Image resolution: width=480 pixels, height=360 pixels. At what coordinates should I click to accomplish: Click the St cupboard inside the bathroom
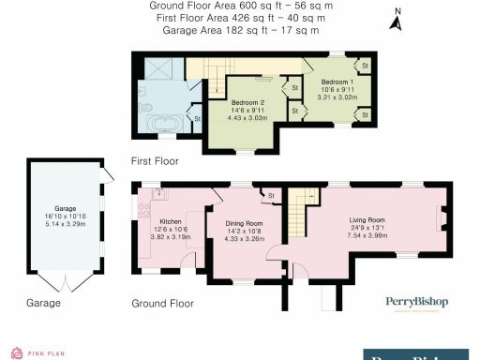[197, 118]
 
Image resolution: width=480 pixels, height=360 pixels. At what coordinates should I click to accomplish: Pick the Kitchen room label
[171, 221]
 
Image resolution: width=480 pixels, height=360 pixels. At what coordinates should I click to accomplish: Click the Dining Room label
[243, 222]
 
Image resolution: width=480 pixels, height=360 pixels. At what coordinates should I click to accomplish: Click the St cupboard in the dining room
[272, 195]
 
